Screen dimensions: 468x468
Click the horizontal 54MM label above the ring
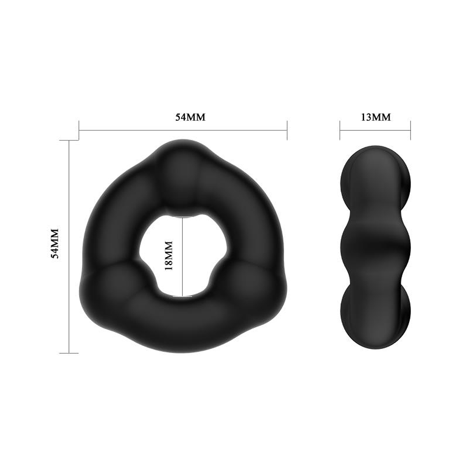pos(190,117)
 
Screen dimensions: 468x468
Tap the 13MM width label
pos(376,117)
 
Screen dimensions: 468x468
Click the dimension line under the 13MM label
pos(375,131)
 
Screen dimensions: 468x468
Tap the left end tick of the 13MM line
pos(340,131)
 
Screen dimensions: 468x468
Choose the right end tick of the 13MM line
pos(411,131)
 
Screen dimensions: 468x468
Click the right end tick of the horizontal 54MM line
pos(287,131)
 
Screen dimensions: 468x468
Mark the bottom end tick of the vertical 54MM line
pos(69,353)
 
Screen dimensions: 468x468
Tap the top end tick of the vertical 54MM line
pos(69,140)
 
